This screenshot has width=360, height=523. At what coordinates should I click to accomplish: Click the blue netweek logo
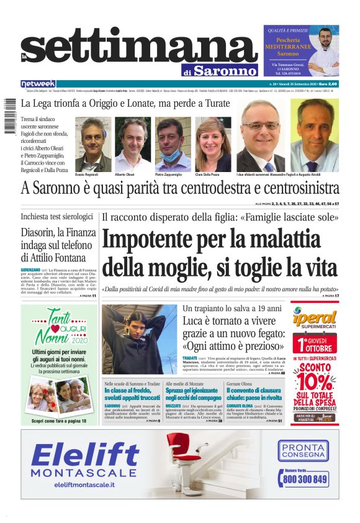point(38,83)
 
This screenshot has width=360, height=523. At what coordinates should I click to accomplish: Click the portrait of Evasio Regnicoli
point(92,143)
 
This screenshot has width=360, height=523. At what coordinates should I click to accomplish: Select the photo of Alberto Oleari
point(132,143)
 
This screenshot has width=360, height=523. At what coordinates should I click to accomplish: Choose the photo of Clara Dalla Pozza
point(213,143)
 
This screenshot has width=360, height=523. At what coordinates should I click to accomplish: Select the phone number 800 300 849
point(304,480)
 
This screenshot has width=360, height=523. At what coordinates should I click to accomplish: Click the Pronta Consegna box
point(304,450)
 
